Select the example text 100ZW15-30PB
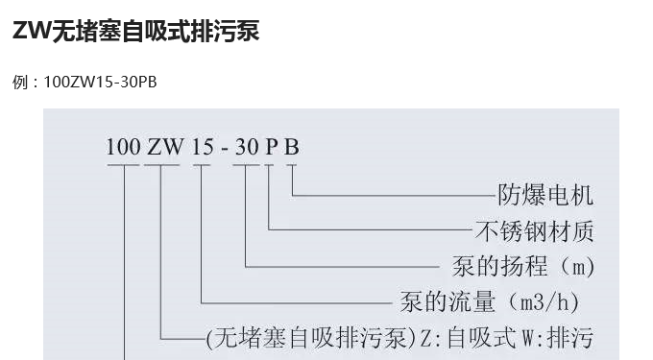point(100,82)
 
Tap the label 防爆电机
point(545,196)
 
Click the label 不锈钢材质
point(534,230)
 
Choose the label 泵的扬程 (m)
point(523,265)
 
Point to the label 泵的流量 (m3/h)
point(490,301)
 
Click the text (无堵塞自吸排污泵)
point(311,338)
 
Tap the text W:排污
point(557,338)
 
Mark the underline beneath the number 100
point(123,166)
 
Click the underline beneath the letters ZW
point(161,166)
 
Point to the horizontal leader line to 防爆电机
point(394,196)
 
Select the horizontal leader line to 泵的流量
point(298,301)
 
